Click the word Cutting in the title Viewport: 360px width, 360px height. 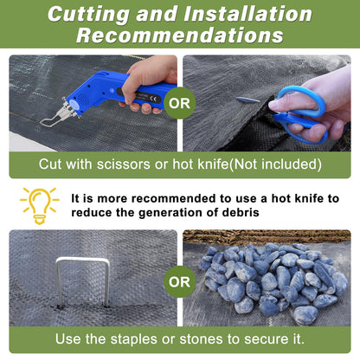pyautogui.click(x=88, y=14)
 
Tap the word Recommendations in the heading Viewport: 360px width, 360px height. pyautogui.click(x=180, y=35)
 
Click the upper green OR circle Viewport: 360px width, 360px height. pyautogui.click(x=180, y=103)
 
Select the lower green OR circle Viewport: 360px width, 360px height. pyautogui.click(x=180, y=281)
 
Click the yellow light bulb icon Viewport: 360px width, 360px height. pyautogui.click(x=40, y=205)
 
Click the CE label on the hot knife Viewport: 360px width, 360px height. pyautogui.click(x=154, y=100)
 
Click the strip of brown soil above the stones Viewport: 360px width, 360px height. pyautogui.click(x=267, y=236)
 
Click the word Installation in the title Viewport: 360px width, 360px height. pyautogui.click(x=248, y=14)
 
